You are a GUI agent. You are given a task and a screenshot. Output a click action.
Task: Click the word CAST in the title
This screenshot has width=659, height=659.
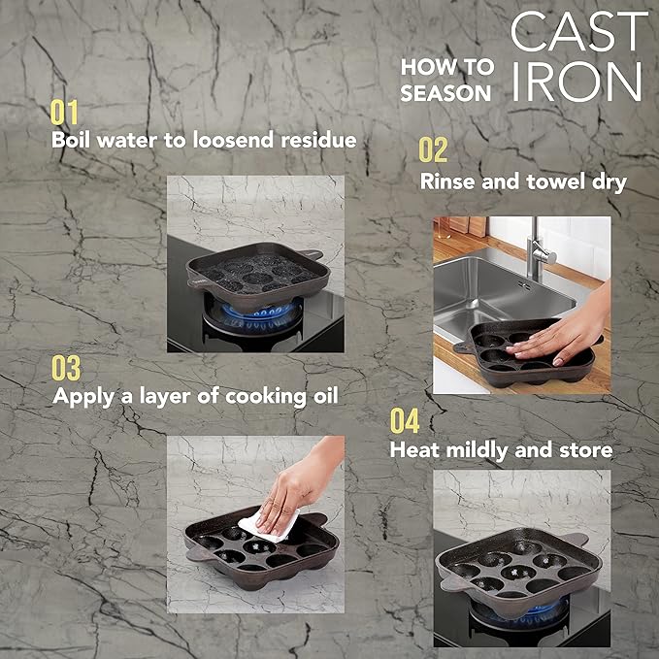coord(579,31)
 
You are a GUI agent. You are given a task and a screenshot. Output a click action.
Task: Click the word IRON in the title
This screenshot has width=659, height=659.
coord(577,82)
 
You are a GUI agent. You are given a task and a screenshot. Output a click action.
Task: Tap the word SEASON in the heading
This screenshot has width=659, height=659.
coord(445,93)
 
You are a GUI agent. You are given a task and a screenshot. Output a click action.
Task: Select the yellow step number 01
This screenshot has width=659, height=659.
coord(64,113)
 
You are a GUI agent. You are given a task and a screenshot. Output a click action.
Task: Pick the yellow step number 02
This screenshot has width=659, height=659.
coord(433,149)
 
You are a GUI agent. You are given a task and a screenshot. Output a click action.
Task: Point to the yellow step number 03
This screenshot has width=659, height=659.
coord(66,368)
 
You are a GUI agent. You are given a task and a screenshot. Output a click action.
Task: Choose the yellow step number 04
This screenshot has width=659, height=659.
coord(405,420)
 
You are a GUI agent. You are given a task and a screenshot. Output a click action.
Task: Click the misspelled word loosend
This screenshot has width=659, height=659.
coord(233,140)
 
